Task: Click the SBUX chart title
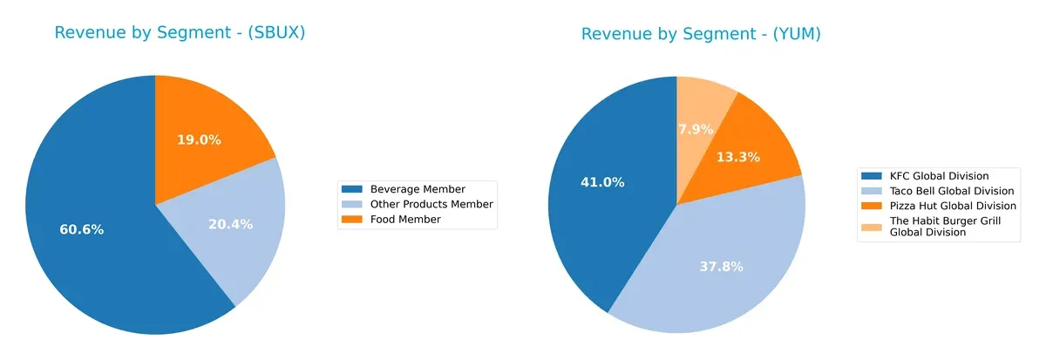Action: (180, 33)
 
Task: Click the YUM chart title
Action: (701, 34)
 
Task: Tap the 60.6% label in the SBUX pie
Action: (82, 230)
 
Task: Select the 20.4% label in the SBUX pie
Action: (231, 224)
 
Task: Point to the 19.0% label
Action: (199, 139)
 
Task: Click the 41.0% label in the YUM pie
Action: (602, 182)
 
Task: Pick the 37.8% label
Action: (721, 267)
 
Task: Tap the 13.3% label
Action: (738, 157)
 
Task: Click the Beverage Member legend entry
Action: (418, 189)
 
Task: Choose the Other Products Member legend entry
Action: (431, 204)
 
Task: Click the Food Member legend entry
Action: (405, 220)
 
